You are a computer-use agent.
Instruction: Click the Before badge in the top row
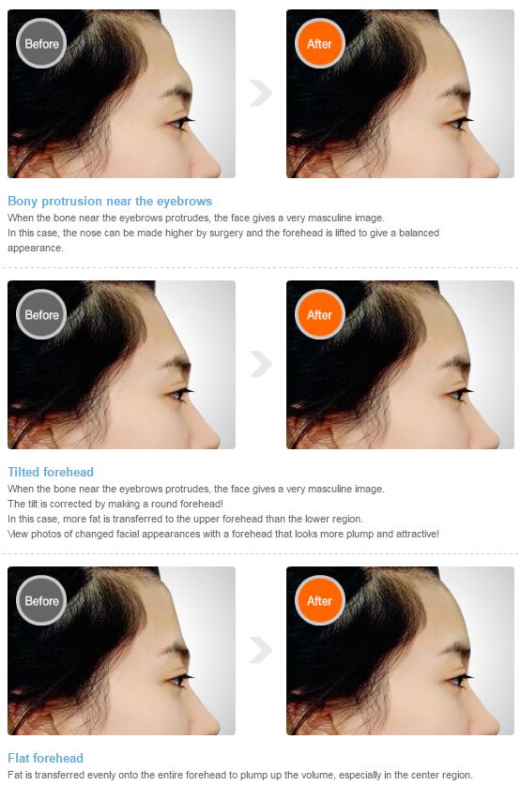[x=41, y=43]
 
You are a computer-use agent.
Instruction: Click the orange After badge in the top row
[x=320, y=43]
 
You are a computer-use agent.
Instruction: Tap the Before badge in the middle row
[x=41, y=314]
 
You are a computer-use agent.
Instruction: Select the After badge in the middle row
[x=320, y=314]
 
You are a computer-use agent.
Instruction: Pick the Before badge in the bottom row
[x=41, y=600]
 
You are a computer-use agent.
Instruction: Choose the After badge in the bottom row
[x=320, y=600]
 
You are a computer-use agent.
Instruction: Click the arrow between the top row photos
[x=260, y=92]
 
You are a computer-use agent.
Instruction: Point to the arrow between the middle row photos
[x=260, y=364]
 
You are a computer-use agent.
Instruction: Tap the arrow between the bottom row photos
[x=260, y=649]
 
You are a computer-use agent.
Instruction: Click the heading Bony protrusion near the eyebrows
[x=110, y=201]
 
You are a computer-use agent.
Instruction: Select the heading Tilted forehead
[x=51, y=472]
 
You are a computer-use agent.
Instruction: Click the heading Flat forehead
[x=45, y=758]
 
